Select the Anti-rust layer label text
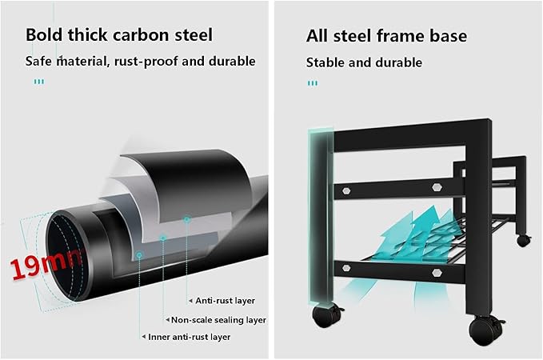point(225,301)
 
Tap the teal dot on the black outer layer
point(186,219)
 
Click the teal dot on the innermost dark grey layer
point(139,255)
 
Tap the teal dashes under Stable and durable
point(313,83)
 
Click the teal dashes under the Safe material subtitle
point(38,82)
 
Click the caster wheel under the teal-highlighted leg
point(325,315)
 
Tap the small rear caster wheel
point(524,240)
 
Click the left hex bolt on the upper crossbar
point(346,190)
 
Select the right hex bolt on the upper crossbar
point(437,187)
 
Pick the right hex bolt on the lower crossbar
point(437,273)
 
